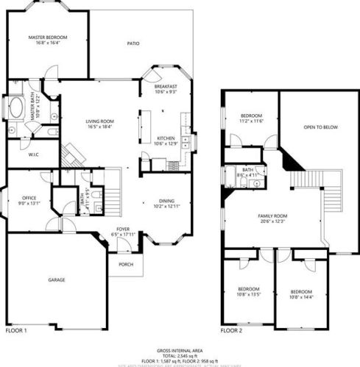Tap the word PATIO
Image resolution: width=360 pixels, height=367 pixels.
pyautogui.click(x=133, y=43)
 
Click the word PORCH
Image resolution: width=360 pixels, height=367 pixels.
pyautogui.click(x=125, y=266)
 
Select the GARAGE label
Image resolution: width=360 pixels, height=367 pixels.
pyautogui.click(x=57, y=280)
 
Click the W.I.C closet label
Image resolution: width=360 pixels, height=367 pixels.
pyautogui.click(x=33, y=154)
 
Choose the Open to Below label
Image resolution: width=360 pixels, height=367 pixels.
pyautogui.click(x=321, y=127)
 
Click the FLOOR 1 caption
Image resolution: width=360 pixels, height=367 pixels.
pyautogui.click(x=16, y=330)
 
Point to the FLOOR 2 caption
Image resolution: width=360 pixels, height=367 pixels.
pyautogui.click(x=233, y=330)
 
